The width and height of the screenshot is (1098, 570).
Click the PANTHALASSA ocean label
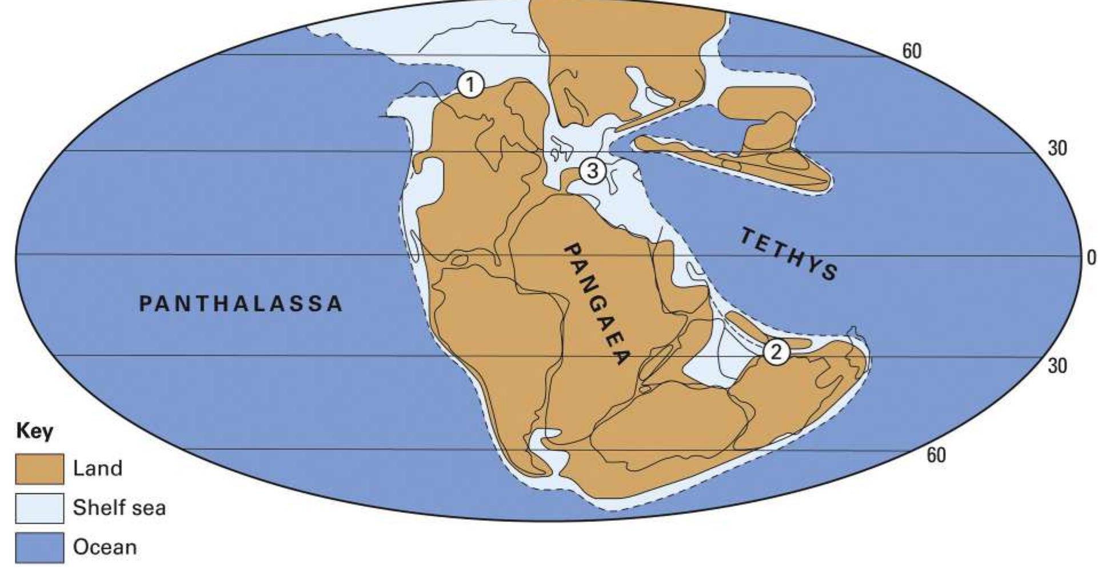tap(241, 303)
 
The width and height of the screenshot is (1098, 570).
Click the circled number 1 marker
tap(470, 85)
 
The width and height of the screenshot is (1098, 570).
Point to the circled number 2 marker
tap(776, 352)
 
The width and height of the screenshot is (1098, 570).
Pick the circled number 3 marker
tap(592, 170)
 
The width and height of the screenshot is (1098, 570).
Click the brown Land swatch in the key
tap(39, 469)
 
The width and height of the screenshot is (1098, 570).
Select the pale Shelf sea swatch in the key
tap(39, 508)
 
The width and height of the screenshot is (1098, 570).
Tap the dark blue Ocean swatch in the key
tap(39, 548)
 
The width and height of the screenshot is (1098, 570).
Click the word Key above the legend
tap(35, 431)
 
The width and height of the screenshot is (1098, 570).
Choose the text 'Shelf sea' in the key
tap(119, 508)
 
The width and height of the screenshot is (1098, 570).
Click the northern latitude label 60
tap(912, 51)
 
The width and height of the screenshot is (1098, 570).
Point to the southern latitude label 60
tap(936, 455)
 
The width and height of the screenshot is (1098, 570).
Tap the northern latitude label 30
tap(1057, 149)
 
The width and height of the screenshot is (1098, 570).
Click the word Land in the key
tap(98, 468)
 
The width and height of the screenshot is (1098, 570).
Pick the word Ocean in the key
tap(105, 547)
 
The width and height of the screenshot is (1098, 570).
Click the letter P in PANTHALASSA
tap(146, 303)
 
